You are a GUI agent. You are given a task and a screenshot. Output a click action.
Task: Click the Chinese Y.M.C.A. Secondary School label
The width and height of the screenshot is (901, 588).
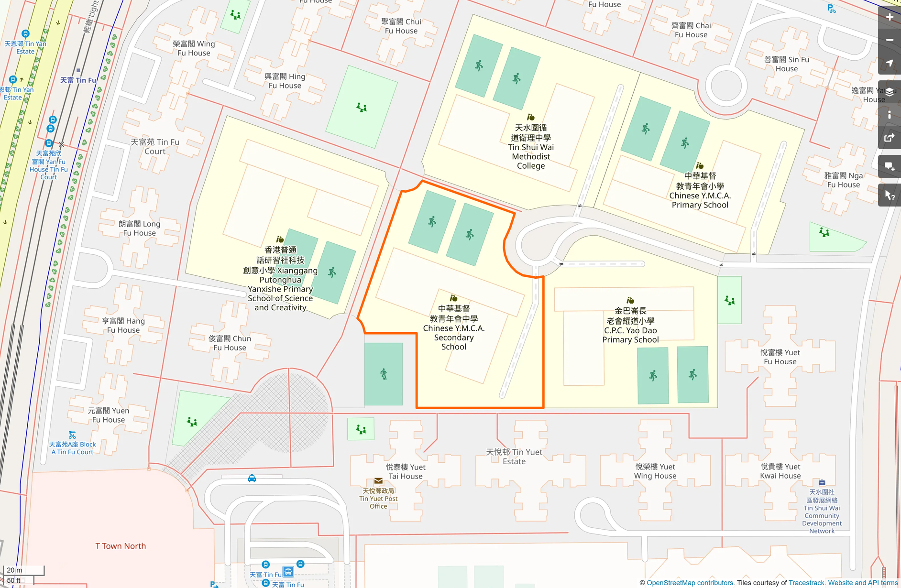pyautogui.click(x=454, y=328)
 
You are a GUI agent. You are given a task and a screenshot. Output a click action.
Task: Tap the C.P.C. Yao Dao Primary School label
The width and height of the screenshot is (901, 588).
pyautogui.click(x=630, y=326)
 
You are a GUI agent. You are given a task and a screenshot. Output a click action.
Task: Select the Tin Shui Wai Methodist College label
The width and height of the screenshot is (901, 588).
pyautogui.click(x=531, y=147)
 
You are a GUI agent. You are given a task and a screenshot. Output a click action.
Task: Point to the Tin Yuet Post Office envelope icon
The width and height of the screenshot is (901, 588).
pyautogui.click(x=378, y=481)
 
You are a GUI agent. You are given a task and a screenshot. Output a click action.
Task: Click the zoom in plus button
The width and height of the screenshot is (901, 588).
pyautogui.click(x=890, y=17)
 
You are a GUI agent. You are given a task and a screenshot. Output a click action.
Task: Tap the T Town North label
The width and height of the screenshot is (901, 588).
pyautogui.click(x=121, y=546)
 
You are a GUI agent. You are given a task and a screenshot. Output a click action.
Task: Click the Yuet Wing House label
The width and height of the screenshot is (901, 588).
pyautogui.click(x=655, y=471)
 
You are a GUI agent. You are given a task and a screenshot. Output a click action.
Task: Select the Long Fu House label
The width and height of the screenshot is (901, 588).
pyautogui.click(x=140, y=228)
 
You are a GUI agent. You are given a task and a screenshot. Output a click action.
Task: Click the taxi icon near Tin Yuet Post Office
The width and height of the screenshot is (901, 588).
pyautogui.click(x=252, y=478)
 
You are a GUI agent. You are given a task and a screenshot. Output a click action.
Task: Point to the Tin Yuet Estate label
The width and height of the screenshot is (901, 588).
pyautogui.click(x=514, y=457)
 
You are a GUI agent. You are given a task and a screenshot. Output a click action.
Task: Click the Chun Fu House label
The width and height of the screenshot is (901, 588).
pyautogui.click(x=230, y=343)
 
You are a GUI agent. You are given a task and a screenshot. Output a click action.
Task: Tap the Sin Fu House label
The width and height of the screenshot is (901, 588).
pyautogui.click(x=787, y=64)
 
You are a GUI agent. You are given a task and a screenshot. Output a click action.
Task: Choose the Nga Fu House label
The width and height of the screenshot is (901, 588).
pyautogui.click(x=844, y=180)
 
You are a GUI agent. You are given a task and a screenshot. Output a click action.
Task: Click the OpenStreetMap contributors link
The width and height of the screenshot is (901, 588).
pyautogui.click(x=690, y=583)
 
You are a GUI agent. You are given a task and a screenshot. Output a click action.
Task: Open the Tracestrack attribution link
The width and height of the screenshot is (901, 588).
pyautogui.click(x=806, y=583)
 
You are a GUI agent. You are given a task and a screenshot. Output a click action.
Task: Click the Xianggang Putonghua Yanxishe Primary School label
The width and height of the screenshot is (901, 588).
pyautogui.click(x=280, y=279)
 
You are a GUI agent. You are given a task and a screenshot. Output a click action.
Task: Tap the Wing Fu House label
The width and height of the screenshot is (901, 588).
pyautogui.click(x=194, y=48)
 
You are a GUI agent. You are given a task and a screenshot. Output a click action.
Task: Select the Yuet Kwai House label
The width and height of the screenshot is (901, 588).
pyautogui.click(x=780, y=471)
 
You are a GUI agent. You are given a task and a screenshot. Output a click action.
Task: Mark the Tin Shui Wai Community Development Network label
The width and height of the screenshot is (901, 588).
pyautogui.click(x=822, y=512)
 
